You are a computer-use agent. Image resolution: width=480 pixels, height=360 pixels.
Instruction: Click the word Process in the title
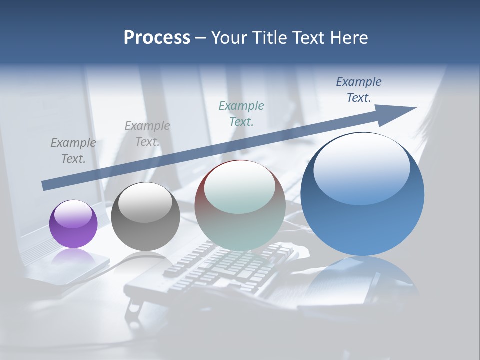pyautogui.click(x=157, y=38)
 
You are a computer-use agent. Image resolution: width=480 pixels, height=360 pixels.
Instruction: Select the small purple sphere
pyautogui.click(x=73, y=224)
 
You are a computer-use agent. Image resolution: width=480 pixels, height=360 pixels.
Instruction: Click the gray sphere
pyautogui.click(x=145, y=216)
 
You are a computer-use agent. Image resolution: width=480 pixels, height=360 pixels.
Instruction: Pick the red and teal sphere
pyautogui.click(x=240, y=205)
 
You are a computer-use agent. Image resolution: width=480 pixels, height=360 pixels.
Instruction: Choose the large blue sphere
pyautogui.click(x=362, y=195)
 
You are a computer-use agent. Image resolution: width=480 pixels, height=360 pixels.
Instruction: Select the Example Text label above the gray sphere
pyautogui.click(x=147, y=134)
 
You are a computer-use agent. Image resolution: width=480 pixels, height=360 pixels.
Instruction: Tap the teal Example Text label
pyautogui.click(x=241, y=113)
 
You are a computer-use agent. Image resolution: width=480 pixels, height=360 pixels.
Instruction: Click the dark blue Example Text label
pyautogui.click(x=359, y=90)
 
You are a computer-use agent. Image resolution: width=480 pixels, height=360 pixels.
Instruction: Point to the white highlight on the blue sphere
pyautogui.click(x=361, y=167)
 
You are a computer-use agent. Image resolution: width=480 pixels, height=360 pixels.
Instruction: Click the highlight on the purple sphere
pyautogui.click(x=73, y=214)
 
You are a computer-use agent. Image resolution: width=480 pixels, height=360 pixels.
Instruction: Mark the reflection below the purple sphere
pyautogui.click(x=73, y=256)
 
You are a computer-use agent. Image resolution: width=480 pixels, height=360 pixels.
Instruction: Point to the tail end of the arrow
pyautogui.click(x=46, y=186)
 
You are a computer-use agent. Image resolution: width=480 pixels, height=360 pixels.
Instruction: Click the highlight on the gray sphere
pyautogui.click(x=145, y=202)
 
